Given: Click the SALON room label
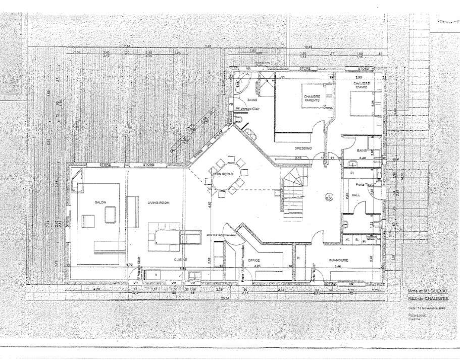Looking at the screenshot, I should click(x=100, y=202).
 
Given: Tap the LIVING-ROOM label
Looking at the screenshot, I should click(x=157, y=202).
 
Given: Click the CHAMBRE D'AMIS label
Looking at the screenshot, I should click(x=362, y=85).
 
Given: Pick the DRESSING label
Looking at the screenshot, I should click(x=303, y=148).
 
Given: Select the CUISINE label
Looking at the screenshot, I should click(x=181, y=259).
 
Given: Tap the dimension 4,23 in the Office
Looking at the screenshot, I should click(x=257, y=266).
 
